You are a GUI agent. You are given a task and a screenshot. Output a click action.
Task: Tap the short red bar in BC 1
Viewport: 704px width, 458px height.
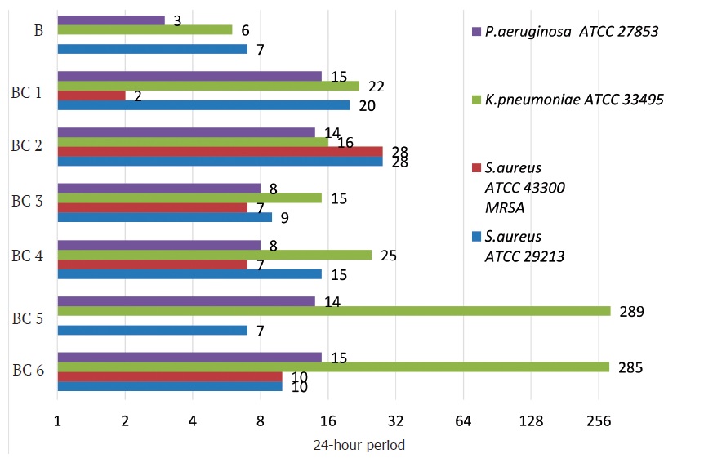(x=91, y=96)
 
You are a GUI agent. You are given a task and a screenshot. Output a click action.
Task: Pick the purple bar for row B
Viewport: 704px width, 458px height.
(x=111, y=20)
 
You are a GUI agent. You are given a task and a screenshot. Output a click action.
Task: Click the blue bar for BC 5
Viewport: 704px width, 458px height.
(x=152, y=330)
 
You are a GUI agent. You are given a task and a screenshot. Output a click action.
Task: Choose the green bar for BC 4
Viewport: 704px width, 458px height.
(x=214, y=256)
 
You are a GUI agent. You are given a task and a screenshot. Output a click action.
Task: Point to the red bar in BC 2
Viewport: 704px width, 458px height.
(x=220, y=152)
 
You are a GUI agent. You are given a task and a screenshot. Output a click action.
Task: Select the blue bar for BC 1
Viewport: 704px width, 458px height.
(x=203, y=105)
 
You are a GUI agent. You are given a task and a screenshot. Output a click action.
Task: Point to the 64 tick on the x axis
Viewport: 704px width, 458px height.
(x=463, y=421)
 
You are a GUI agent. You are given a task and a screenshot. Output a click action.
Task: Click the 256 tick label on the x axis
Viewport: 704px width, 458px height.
(x=599, y=421)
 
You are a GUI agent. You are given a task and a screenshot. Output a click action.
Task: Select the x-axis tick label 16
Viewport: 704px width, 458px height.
(x=327, y=421)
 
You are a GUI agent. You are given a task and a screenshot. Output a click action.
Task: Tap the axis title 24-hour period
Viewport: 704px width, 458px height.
(x=359, y=446)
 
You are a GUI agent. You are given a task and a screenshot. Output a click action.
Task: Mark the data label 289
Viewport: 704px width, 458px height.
(x=632, y=311)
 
